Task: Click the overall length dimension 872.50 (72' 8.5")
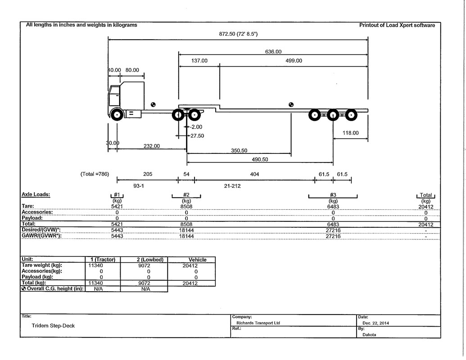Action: click(238, 34)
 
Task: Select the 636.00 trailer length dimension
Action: click(273, 52)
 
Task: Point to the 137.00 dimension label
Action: click(199, 61)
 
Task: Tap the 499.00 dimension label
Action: click(294, 61)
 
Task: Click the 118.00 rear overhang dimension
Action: click(350, 133)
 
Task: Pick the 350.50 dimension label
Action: click(239, 151)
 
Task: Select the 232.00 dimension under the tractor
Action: click(152, 146)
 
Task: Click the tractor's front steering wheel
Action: click(117, 115)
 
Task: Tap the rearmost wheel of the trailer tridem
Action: click(351, 115)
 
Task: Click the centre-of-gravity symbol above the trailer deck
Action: click(291, 104)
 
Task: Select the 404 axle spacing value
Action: click(254, 174)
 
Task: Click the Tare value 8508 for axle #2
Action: click(186, 207)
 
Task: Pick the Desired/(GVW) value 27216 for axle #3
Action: click(333, 230)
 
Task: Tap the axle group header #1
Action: click(117, 195)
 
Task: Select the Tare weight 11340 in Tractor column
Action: click(95, 265)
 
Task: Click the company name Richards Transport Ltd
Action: click(258, 323)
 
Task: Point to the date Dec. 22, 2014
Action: click(376, 323)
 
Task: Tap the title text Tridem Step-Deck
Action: click(53, 325)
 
